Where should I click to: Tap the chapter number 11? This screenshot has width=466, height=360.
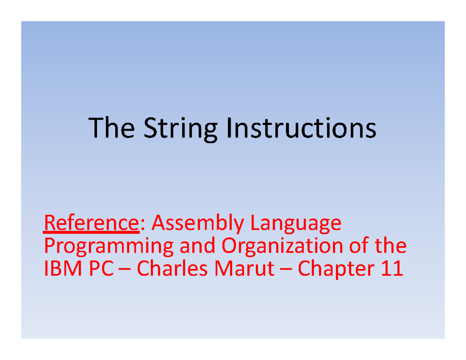pyautogui.click(x=391, y=269)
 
